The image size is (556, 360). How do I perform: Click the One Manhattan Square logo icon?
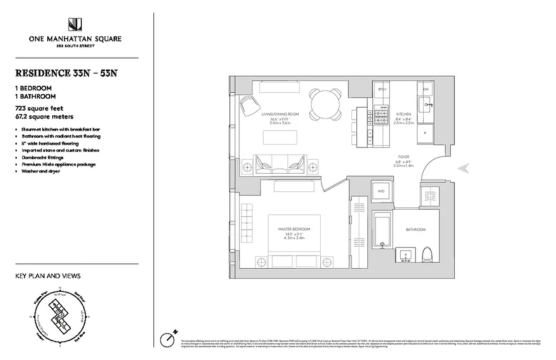coord(75,25)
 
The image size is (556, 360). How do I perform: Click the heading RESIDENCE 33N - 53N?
coord(67,73)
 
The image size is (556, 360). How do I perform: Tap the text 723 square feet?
coord(39,108)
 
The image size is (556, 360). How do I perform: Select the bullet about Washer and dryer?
coord(40,171)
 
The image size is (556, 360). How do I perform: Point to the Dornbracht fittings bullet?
coord(42,157)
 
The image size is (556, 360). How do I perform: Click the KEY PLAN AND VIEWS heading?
coord(48,276)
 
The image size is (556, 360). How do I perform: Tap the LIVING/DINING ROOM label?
coord(280,114)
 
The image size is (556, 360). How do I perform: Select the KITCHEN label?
coord(404,114)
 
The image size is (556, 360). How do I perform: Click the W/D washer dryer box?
coord(381,191)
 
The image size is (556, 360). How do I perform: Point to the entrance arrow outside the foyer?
coord(463,168)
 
